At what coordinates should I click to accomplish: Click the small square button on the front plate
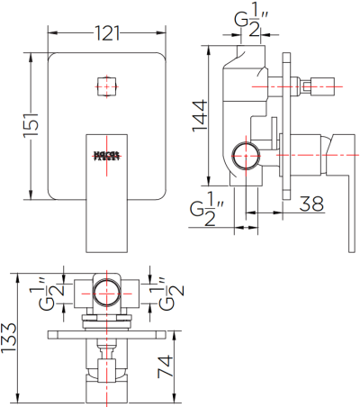click(106, 87)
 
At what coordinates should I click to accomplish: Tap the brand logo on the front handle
click(106, 156)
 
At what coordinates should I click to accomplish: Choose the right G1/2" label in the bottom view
click(172, 293)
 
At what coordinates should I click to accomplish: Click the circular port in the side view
click(244, 156)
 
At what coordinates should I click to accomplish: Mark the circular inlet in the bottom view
click(106, 293)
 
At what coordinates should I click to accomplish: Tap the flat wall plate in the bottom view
click(106, 333)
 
